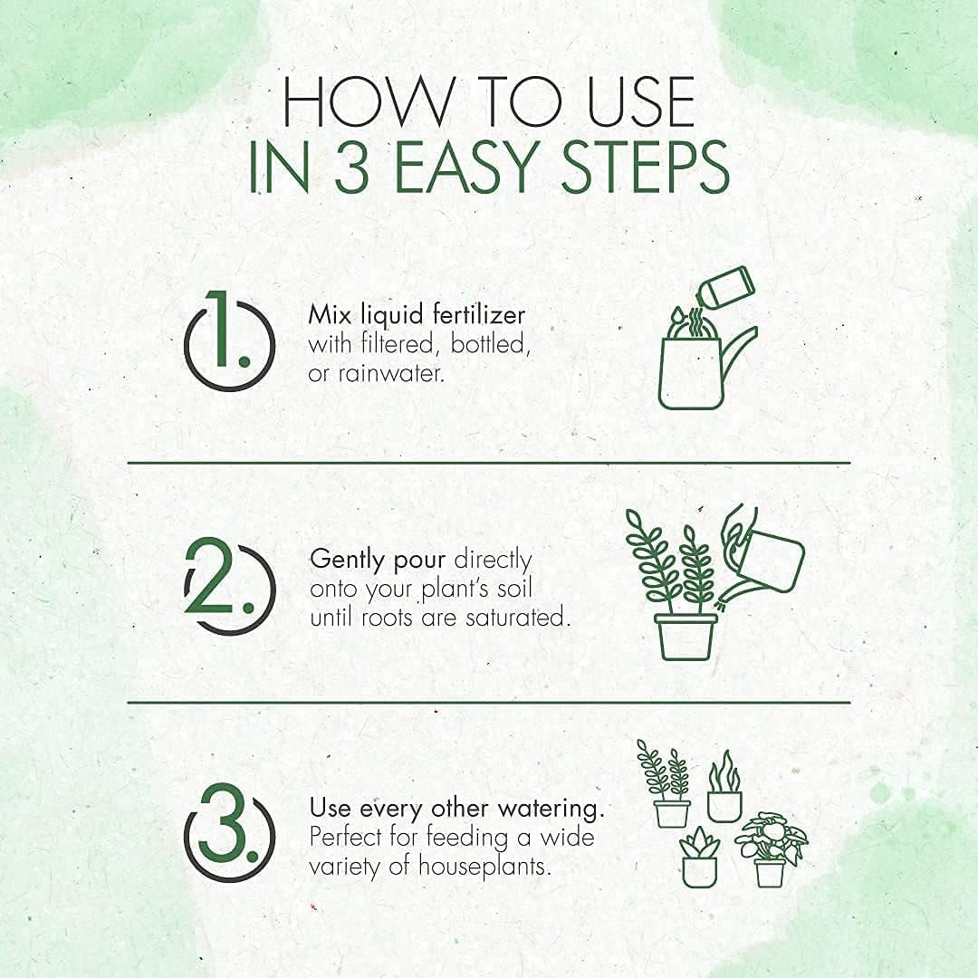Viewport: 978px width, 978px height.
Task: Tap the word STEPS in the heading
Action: coord(646,168)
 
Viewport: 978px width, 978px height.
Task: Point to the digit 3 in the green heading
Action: coord(351,168)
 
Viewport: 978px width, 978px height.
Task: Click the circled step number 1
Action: coord(229,341)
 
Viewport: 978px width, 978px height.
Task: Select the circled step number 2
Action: coord(229,586)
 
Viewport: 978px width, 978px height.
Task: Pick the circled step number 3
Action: coord(229,832)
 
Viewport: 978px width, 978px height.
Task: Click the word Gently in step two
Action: coord(347,561)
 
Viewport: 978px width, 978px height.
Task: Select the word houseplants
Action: coord(484,867)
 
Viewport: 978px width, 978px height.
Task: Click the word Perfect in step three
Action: coord(346,837)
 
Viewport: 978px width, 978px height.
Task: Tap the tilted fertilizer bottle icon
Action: coord(725,287)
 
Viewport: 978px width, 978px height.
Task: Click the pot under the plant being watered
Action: coord(686,637)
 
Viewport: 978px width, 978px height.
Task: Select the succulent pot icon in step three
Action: coord(699,858)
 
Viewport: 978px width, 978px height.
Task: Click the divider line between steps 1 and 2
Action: coord(489,463)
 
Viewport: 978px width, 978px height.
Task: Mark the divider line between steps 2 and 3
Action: coord(489,703)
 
